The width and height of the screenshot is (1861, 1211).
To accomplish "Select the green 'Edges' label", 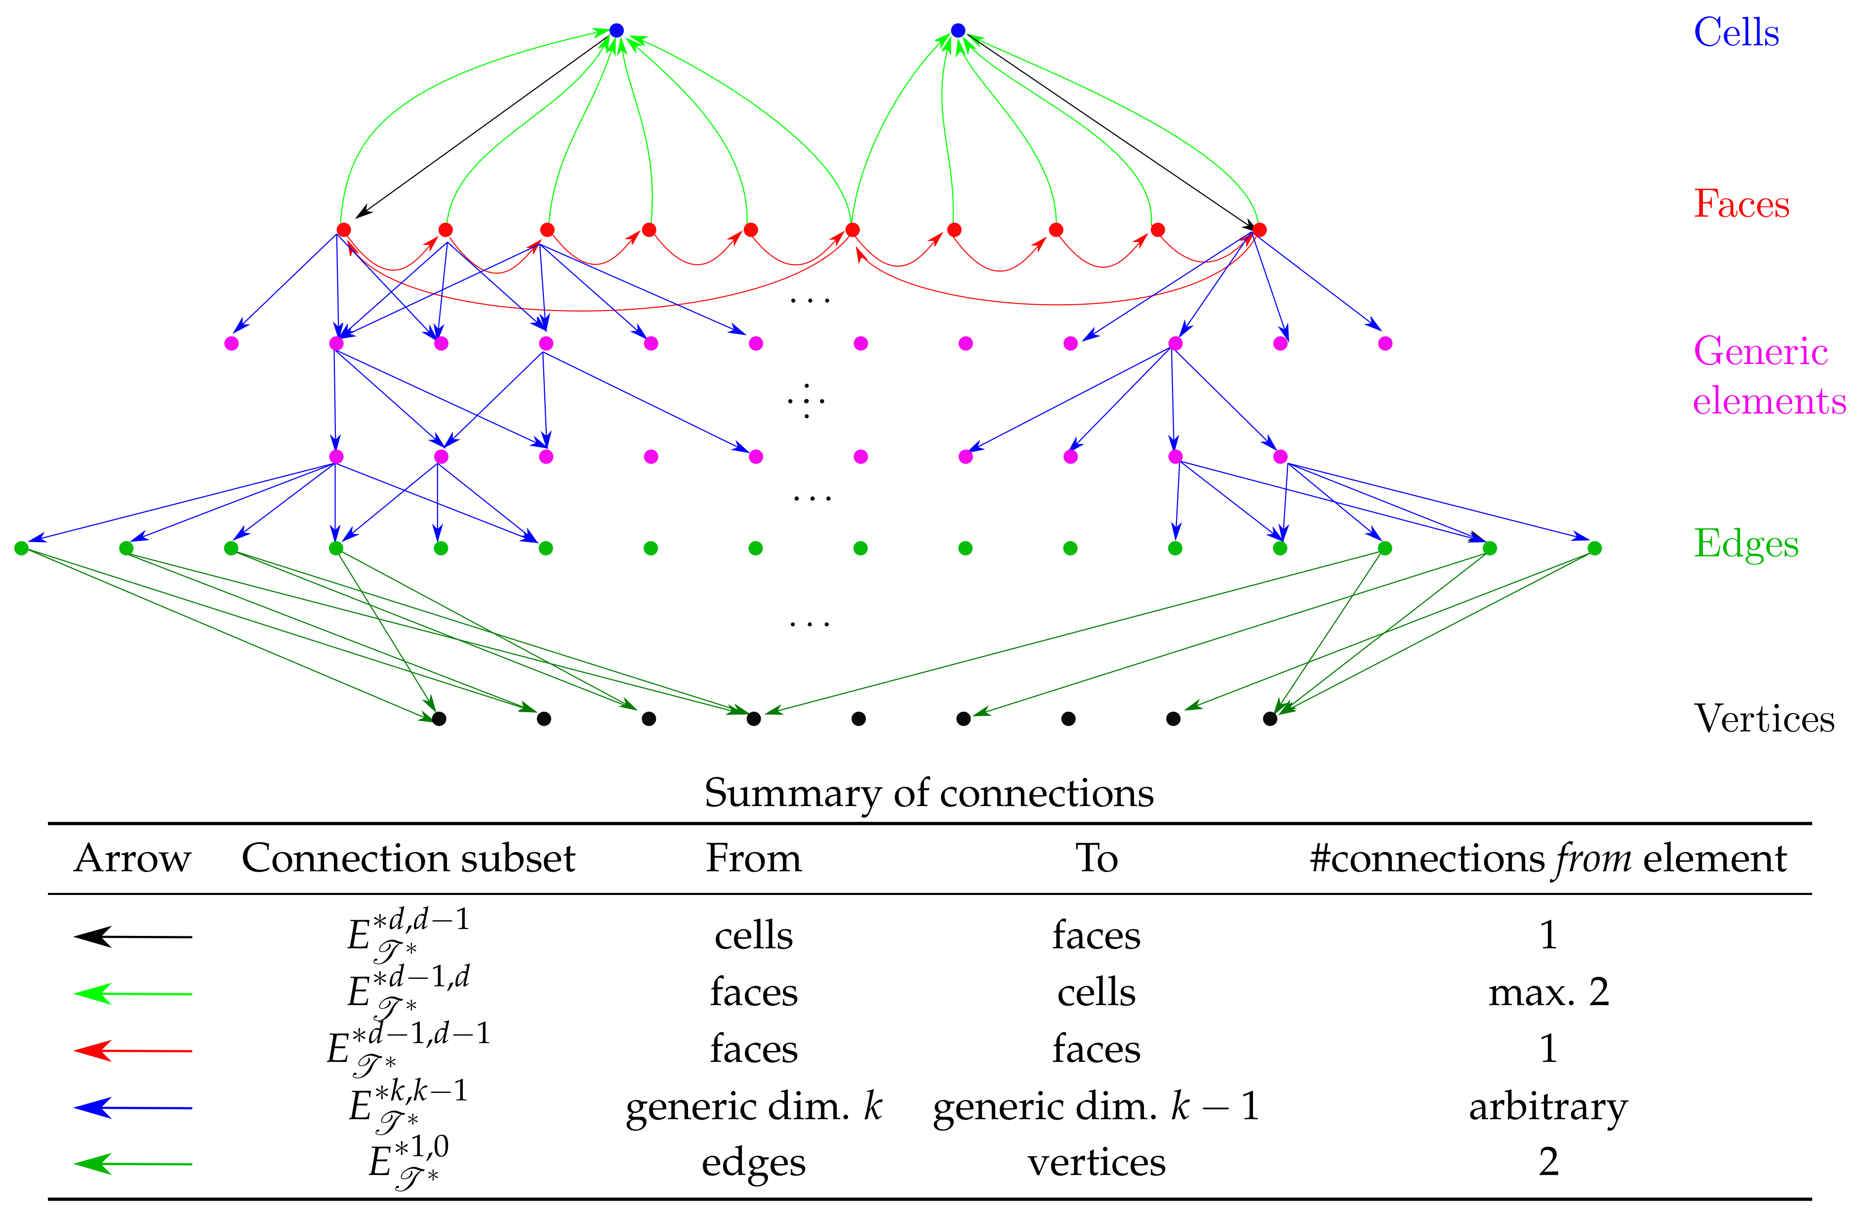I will (1745, 544).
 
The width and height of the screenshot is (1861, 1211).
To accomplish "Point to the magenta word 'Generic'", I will (1760, 351).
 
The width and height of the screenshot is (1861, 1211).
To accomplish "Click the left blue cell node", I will (616, 31).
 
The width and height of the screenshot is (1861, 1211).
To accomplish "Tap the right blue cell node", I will (958, 31).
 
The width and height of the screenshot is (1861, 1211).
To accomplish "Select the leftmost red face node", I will (343, 230).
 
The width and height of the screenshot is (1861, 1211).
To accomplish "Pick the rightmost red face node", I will (1259, 230).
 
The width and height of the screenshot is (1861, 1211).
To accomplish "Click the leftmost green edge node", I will (21, 548).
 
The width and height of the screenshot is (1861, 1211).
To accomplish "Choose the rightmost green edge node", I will (1594, 548).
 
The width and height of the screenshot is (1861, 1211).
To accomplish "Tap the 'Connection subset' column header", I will (408, 858).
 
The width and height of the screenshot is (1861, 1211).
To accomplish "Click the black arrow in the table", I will (133, 936).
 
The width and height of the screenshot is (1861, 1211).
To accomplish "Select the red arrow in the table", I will (133, 1050).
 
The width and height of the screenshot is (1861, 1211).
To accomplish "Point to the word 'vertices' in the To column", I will (1096, 1163).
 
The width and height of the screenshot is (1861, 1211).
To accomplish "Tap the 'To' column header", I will (1096, 858).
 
